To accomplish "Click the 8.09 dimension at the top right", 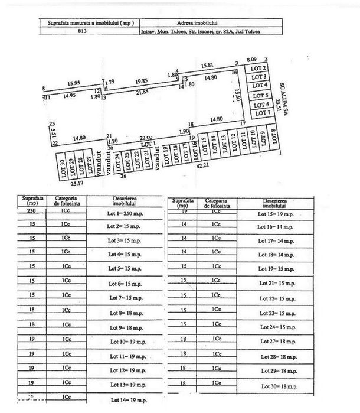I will coord(252,60).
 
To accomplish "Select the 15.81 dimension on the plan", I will coord(208,65).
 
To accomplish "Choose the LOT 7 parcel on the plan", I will coord(260,112).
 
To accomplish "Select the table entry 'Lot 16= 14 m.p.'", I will coord(277,226).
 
